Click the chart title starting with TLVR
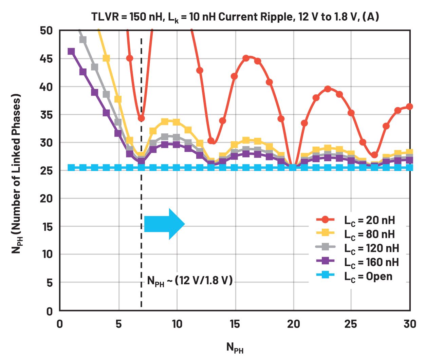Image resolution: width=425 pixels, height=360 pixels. tap(235, 17)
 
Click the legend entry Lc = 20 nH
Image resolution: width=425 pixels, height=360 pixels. tap(369, 220)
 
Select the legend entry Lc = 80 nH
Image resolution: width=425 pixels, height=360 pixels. tap(369, 234)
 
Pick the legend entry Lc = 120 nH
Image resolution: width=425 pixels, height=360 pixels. tap(371, 248)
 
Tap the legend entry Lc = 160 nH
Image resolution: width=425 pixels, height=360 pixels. tap(371, 262)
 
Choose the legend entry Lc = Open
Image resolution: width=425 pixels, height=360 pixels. tap(368, 276)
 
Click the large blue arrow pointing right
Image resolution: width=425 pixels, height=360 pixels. tap(164, 224)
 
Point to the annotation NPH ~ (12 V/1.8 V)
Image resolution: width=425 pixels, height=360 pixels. tap(190, 281)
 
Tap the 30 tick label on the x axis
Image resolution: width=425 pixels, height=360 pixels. tap(410, 324)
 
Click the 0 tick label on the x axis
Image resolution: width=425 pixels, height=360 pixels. tap(60, 324)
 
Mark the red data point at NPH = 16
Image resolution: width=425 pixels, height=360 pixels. tap(246, 58)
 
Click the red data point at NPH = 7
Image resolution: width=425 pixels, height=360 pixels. tap(141, 118)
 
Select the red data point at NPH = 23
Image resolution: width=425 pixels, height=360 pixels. tap(328, 89)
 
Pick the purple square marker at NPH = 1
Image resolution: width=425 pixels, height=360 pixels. tap(71, 52)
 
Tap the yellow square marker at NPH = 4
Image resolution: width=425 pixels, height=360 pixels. tap(106, 58)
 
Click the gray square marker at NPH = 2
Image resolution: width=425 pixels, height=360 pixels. tap(83, 40)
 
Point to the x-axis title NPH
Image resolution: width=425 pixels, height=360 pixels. tap(235, 347)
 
